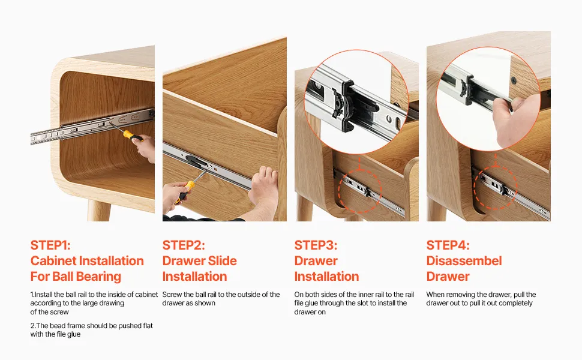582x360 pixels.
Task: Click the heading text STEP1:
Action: click(50, 245)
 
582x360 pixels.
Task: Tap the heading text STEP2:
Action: click(184, 245)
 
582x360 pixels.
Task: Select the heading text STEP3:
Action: click(316, 245)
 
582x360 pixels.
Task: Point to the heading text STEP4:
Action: click(448, 245)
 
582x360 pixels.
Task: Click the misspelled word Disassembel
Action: click(464, 261)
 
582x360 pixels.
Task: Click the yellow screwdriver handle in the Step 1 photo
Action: click(132, 136)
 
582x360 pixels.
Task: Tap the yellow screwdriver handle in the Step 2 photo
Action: click(185, 191)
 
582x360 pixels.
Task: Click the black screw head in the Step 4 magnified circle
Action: click(514, 80)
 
